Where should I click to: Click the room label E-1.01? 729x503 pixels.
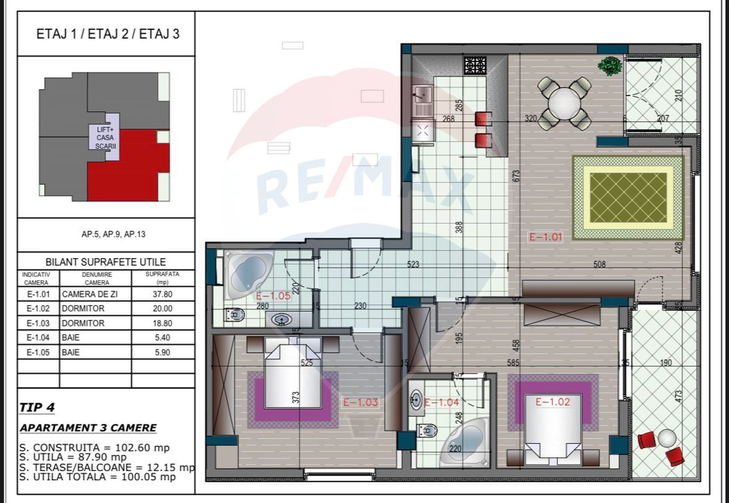tap(546, 237)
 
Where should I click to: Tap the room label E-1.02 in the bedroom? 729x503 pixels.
tap(553, 402)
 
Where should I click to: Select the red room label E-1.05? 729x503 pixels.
tap(273, 296)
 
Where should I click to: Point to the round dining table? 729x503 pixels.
tap(564, 103)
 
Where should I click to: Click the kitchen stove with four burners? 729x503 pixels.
tap(475, 66)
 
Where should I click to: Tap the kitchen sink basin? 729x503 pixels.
tap(423, 93)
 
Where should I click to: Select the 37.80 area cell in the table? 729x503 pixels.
tap(163, 294)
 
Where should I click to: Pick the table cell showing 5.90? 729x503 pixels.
tap(163, 352)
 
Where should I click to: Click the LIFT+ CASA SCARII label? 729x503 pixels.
tap(105, 138)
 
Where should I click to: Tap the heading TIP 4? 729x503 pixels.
tap(37, 407)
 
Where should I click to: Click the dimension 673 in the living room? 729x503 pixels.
tap(516, 176)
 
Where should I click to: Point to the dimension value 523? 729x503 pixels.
tap(413, 264)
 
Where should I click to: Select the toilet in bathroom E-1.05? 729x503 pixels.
tap(234, 315)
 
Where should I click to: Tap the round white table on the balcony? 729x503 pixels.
tap(667, 438)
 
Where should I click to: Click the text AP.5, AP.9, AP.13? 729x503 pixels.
tap(114, 234)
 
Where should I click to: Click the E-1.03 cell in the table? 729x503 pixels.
tap(38, 323)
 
